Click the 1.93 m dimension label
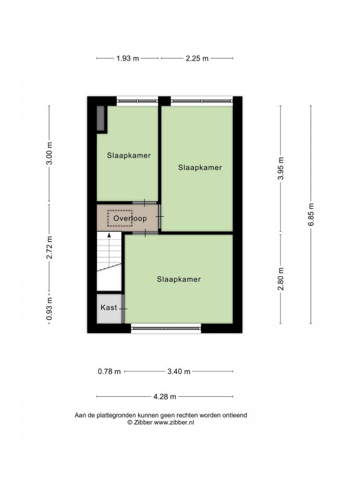[x=127, y=58]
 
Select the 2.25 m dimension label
[x=197, y=58]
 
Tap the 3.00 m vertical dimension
[x=49, y=153]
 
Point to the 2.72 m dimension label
[x=49, y=247]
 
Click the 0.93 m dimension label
[x=49, y=309]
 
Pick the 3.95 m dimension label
[x=281, y=168]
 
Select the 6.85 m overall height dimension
[x=311, y=214]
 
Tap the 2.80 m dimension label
[x=281, y=279]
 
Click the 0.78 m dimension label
[x=109, y=372]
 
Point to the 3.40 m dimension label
[x=179, y=372]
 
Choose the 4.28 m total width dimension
[x=165, y=397]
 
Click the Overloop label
[x=130, y=219]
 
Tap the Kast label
[x=109, y=307]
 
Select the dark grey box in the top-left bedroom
[x=101, y=118]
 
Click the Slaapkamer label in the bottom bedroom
[x=179, y=279]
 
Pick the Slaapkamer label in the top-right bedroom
[x=200, y=167]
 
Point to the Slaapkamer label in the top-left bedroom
[x=129, y=156]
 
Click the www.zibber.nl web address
[x=174, y=422]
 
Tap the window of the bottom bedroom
[x=166, y=328]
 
